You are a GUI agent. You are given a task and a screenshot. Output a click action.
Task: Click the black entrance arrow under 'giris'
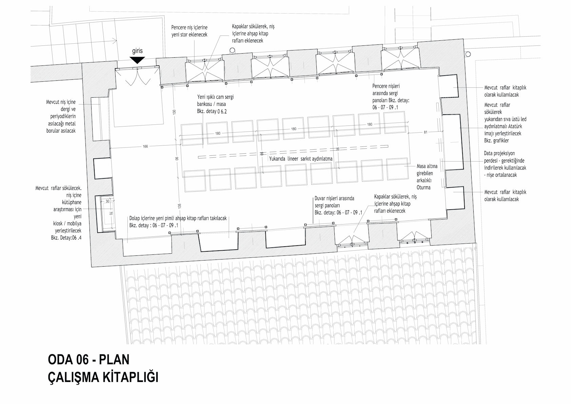(x=137, y=60)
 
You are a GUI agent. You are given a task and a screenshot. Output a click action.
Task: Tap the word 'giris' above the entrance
(x=137, y=51)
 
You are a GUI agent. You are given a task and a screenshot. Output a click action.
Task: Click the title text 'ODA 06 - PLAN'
(x=89, y=360)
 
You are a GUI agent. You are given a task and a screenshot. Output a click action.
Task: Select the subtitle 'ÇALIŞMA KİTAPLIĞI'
(x=103, y=377)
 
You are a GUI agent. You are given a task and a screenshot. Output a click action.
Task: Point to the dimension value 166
(x=145, y=147)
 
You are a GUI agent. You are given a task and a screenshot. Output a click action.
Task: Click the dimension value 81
(x=426, y=132)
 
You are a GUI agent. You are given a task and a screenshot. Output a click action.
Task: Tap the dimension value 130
(x=174, y=112)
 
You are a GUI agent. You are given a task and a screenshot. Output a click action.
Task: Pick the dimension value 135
(x=179, y=206)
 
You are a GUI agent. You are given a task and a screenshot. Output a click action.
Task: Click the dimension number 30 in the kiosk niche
(x=107, y=201)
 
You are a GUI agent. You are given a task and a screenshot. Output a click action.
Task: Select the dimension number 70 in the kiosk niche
(x=111, y=213)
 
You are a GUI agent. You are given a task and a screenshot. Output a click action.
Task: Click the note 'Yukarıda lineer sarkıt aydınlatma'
(x=301, y=159)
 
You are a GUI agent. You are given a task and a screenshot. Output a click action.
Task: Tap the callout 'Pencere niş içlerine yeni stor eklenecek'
(x=190, y=31)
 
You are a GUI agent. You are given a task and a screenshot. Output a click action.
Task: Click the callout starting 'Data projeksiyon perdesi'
(x=505, y=164)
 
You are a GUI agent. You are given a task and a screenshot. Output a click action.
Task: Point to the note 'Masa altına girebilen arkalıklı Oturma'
(x=427, y=177)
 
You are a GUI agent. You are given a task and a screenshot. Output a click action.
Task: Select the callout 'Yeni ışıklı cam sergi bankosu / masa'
(x=215, y=100)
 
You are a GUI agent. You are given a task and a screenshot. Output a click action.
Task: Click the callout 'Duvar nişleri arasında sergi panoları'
(x=334, y=202)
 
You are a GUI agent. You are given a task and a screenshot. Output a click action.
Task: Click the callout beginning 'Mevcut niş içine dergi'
(x=61, y=116)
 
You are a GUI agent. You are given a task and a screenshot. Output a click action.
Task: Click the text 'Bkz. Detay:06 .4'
(x=66, y=238)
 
